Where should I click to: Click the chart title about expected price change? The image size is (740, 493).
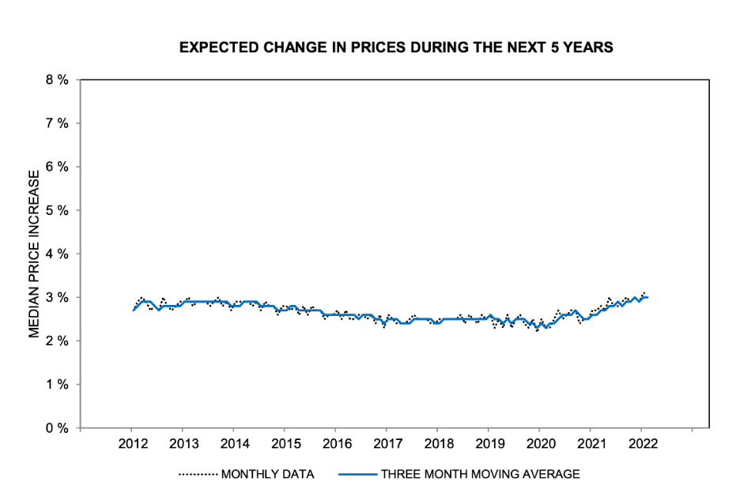[396, 47]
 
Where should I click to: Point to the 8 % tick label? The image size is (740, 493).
[58, 80]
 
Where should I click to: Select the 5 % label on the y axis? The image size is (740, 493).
[58, 210]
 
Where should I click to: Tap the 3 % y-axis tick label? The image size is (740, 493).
[58, 297]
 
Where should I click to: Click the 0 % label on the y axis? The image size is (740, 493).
[58, 427]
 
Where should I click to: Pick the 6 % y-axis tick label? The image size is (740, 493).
[58, 167]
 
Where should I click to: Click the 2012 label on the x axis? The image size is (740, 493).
[132, 442]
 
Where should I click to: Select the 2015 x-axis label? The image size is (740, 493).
[285, 442]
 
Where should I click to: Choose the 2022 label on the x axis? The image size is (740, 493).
[640, 442]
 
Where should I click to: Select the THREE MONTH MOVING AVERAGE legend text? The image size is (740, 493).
[481, 474]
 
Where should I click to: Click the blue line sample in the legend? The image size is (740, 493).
[357, 474]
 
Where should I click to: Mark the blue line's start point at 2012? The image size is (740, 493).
[133, 310]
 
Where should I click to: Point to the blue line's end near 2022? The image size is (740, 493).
[648, 297]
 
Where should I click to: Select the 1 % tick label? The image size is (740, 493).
[58, 384]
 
